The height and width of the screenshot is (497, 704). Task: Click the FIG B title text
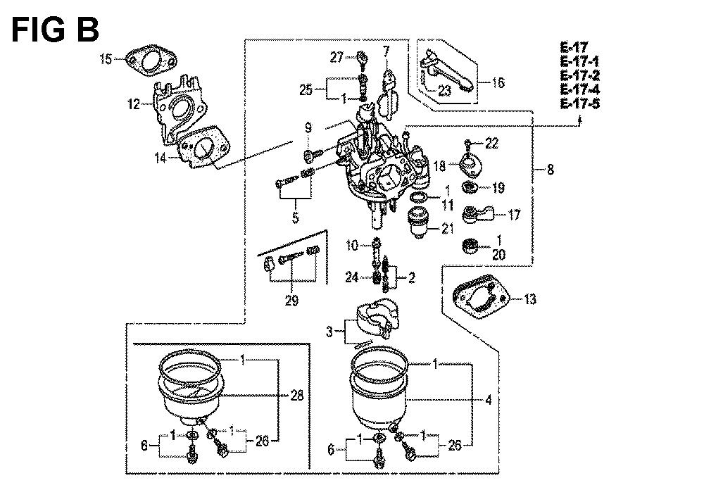[x=55, y=30]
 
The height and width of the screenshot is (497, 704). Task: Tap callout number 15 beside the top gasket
[x=106, y=58]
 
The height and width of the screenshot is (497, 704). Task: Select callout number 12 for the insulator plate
[x=134, y=105]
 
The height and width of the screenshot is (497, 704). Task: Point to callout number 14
[x=161, y=158]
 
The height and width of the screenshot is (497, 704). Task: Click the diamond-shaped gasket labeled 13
[x=481, y=297]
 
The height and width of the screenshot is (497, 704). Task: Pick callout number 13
[x=530, y=299]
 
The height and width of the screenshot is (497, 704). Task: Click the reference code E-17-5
[x=579, y=103]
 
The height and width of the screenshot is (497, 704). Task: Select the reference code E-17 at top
[x=574, y=46]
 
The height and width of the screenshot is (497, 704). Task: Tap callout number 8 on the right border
[x=550, y=170]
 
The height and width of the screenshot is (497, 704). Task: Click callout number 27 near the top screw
[x=337, y=57]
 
